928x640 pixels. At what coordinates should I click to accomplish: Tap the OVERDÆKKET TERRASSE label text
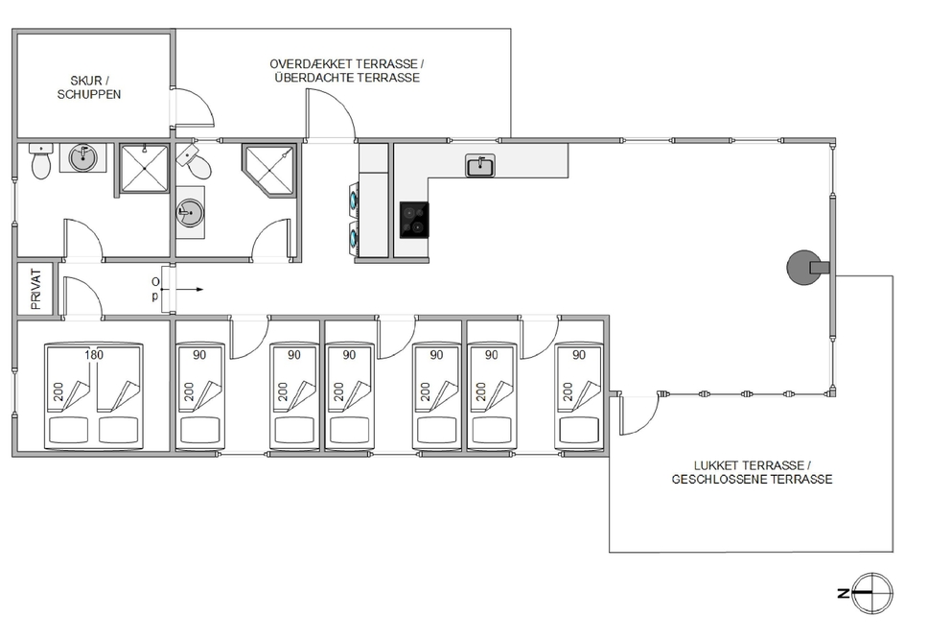pyautogui.click(x=345, y=70)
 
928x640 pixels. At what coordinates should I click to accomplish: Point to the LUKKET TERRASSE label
pyautogui.click(x=752, y=471)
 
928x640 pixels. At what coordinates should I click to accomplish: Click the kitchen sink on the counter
pyautogui.click(x=480, y=166)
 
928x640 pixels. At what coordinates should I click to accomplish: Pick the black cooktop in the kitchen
pyautogui.click(x=413, y=220)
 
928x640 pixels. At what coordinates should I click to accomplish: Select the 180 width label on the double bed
pyautogui.click(x=93, y=355)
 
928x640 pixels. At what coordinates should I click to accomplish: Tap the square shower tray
pyautogui.click(x=144, y=168)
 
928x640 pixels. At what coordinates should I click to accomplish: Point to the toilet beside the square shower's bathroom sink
pyautogui.click(x=40, y=163)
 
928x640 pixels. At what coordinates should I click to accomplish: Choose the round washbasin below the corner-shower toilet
pyautogui.click(x=190, y=212)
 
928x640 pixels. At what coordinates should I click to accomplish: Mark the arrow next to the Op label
pyautogui.click(x=192, y=289)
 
